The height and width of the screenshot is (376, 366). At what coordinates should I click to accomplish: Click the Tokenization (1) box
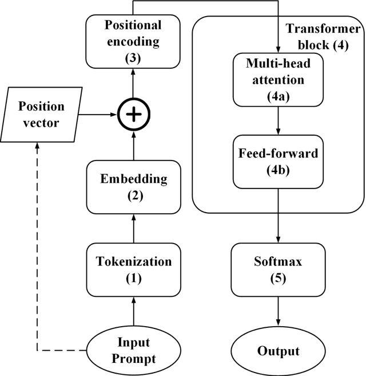pos(133,269)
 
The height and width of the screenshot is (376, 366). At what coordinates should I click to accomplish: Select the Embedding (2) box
pos(133,187)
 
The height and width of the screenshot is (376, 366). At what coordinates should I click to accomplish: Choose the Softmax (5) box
pos(278,269)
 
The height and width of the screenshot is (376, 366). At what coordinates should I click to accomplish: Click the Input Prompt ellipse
pos(133,350)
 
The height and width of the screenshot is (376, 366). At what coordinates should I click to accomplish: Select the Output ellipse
pos(278,350)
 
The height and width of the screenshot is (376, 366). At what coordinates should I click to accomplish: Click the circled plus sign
pos(133,115)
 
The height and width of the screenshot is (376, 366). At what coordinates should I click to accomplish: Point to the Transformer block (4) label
pos(323,37)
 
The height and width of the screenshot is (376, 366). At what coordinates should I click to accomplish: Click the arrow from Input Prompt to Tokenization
pos(133,312)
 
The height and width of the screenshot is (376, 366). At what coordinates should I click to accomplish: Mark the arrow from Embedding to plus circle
pos(133,146)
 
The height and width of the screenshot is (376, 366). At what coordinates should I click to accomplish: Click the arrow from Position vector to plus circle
pos(97,115)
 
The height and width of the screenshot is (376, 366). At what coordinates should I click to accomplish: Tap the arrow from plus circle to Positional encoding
pos(133,84)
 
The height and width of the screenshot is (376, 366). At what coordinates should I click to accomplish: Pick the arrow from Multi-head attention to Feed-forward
pos(278,120)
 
